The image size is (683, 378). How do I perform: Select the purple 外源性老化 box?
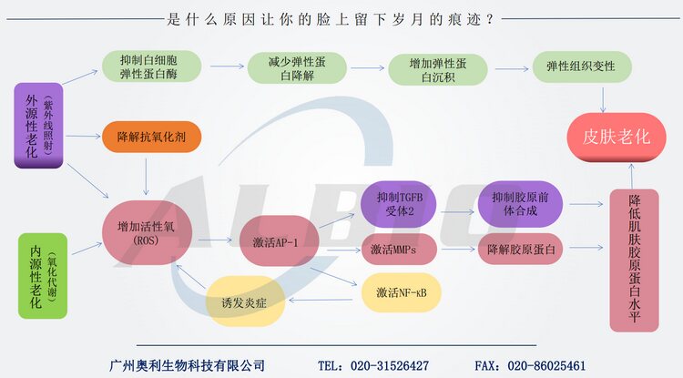[38, 125]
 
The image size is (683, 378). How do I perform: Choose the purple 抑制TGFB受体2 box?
[400, 203]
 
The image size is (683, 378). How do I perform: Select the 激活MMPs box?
[400, 249]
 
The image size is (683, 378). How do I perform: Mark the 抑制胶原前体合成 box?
[515, 203]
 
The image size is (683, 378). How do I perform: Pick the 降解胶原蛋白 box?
[515, 249]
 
